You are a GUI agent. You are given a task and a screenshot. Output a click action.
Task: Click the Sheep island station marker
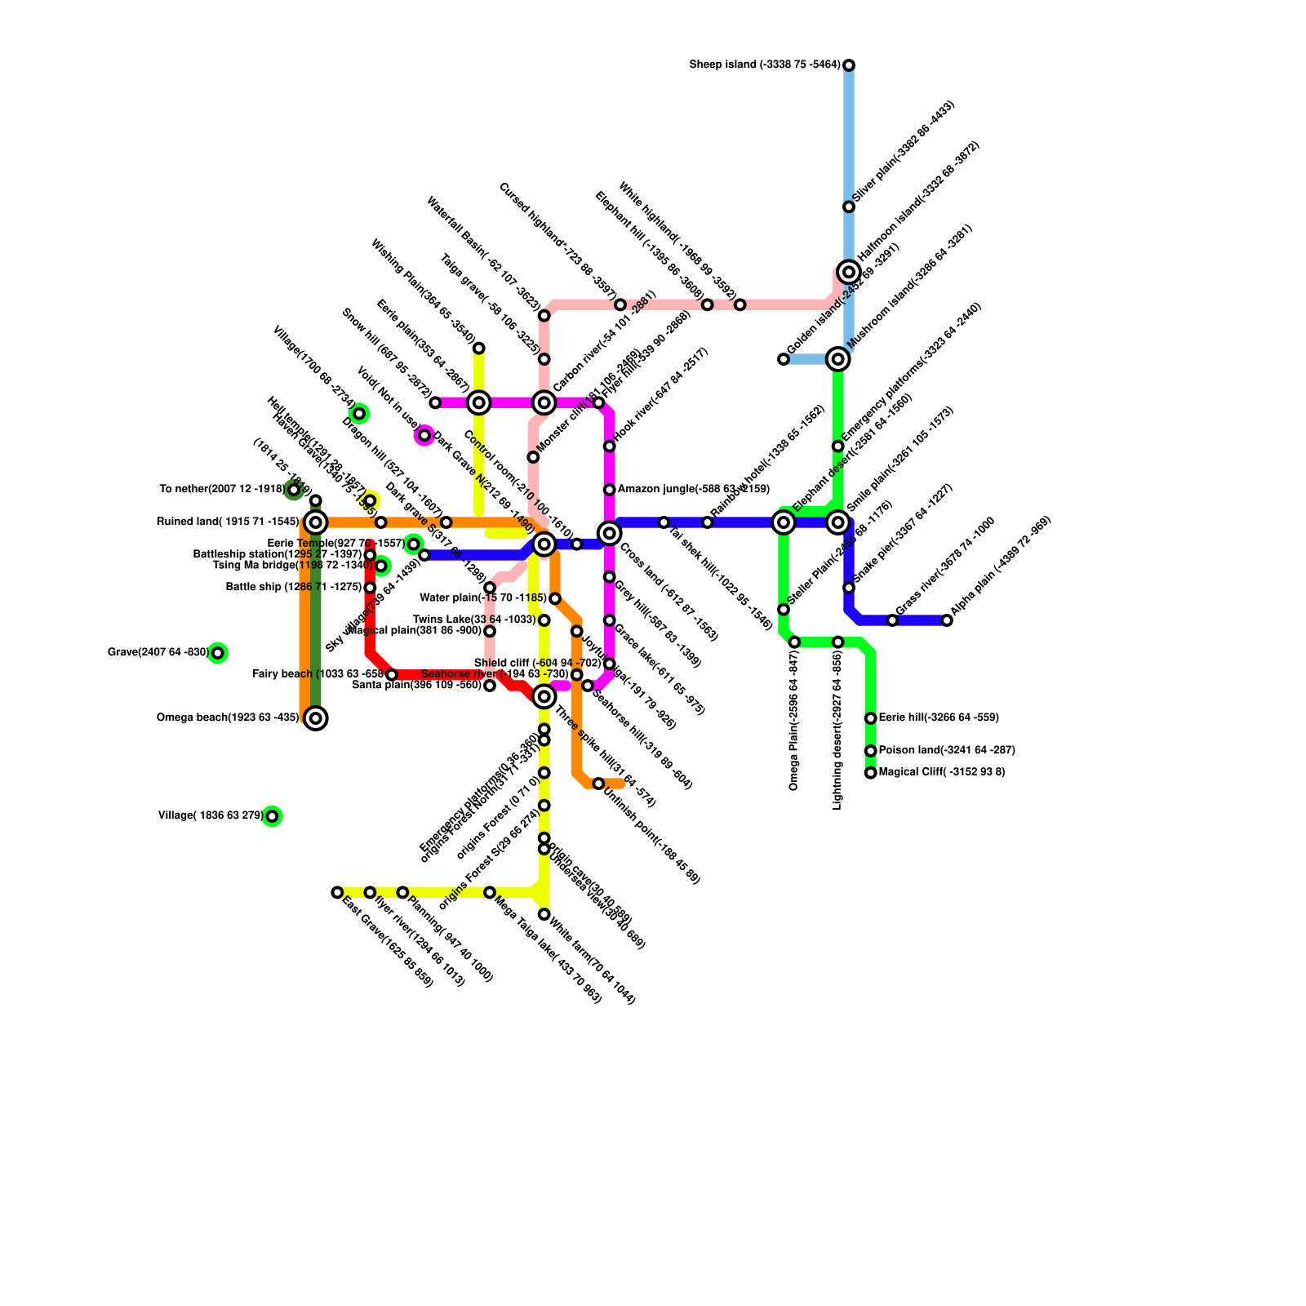[849, 65]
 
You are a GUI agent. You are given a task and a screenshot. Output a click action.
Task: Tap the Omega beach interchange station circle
[316, 718]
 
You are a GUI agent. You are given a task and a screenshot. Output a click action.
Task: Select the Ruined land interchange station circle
[316, 522]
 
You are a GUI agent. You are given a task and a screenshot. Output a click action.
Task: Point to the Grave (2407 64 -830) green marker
[217, 653]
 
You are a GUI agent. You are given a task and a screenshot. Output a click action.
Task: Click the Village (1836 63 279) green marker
[272, 816]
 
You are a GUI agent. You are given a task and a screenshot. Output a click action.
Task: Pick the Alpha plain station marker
[947, 620]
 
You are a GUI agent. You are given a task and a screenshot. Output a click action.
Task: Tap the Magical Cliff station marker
[870, 772]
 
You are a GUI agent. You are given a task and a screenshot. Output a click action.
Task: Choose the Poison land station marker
[870, 751]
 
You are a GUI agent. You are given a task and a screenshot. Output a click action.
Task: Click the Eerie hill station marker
[870, 718]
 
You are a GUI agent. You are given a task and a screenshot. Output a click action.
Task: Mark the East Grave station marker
[337, 892]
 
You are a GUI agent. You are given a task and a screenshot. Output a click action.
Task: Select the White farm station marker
[544, 914]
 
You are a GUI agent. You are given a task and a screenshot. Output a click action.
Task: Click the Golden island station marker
[784, 359]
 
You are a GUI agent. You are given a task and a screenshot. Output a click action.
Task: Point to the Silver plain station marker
[849, 207]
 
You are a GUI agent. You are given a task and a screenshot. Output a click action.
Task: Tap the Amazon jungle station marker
[609, 490]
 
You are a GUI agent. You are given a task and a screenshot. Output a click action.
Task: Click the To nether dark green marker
[294, 490]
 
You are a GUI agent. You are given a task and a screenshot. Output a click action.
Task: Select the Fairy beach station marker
[392, 674]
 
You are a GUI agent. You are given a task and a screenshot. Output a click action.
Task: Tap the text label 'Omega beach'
[228, 718]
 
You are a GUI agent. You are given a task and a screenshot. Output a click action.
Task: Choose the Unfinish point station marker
[598, 784]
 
